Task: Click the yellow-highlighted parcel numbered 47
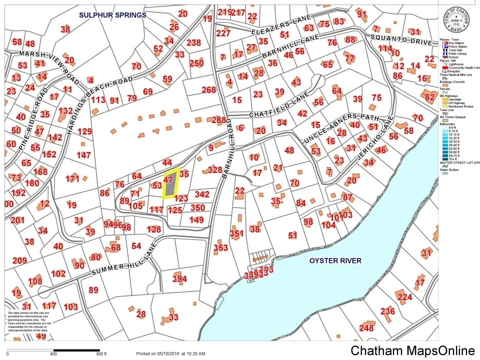click(170, 184)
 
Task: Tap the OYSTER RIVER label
click(335, 260)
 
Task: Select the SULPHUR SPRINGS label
click(112, 15)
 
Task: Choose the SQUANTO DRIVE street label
click(400, 40)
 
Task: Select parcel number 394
click(179, 278)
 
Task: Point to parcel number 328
click(214, 170)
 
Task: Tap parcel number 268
click(208, 90)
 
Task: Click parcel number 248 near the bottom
click(366, 328)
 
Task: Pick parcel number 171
click(72, 178)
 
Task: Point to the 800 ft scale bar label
click(101, 354)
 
